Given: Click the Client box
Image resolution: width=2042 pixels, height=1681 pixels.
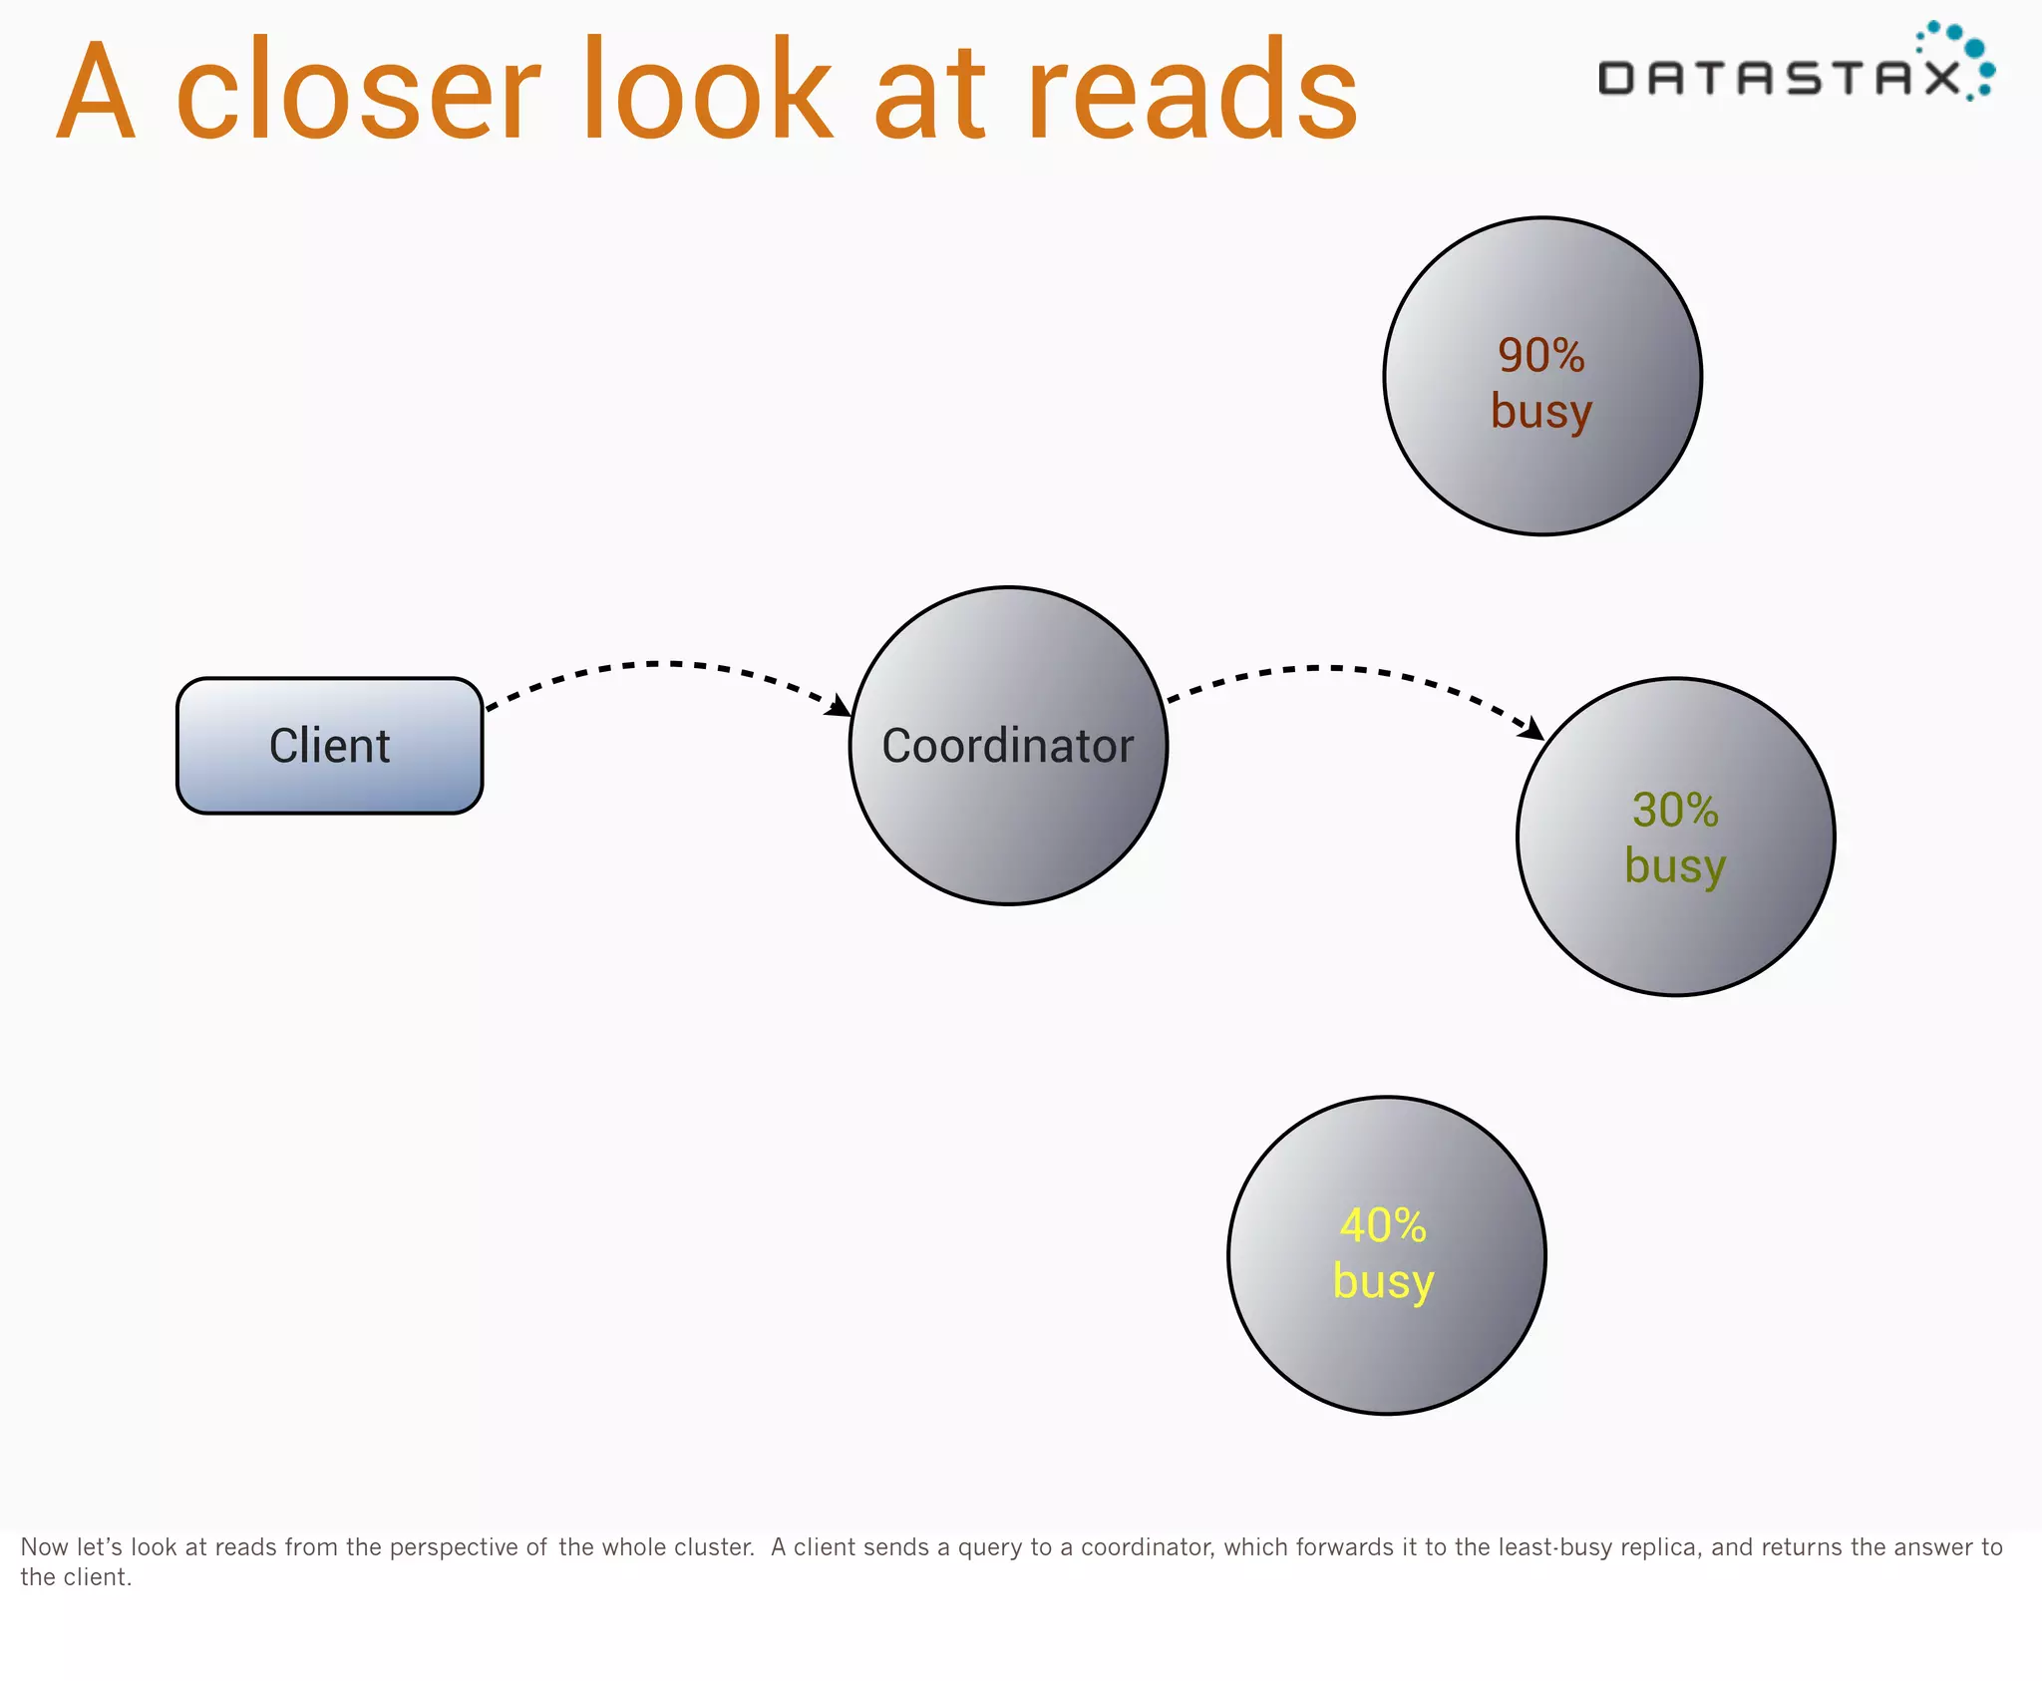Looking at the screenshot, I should pyautogui.click(x=329, y=746).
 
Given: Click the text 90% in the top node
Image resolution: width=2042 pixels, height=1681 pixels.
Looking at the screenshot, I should pyautogui.click(x=1540, y=356).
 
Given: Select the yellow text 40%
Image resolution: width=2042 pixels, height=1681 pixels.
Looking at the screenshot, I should pyautogui.click(x=1383, y=1226).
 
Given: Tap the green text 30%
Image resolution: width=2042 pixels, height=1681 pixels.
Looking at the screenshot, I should pyautogui.click(x=1675, y=810).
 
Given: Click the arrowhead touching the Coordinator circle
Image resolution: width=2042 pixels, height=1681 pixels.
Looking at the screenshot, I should pyautogui.click(x=839, y=706).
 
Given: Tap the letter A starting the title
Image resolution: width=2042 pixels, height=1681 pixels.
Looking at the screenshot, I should pyautogui.click(x=96, y=92).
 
